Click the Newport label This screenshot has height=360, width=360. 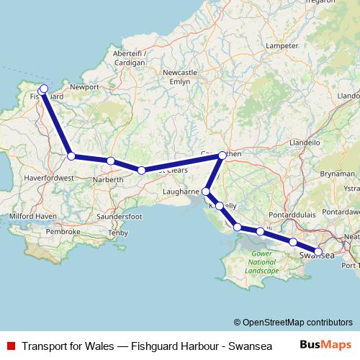[84, 86]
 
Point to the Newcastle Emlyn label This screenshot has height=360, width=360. [180, 77]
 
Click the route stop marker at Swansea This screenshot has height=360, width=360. [318, 251]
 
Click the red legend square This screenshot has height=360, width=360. [9, 346]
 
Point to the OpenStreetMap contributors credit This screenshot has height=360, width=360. [293, 323]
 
